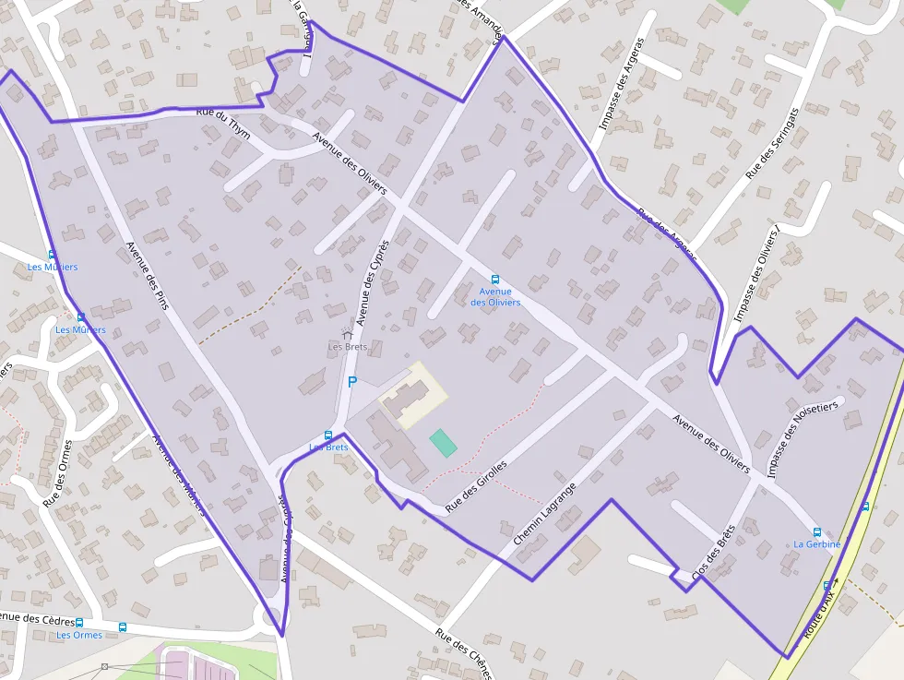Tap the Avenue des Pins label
pyautogui.click(x=147, y=274)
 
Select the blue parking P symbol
pyautogui.click(x=351, y=381)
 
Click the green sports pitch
pyautogui.click(x=443, y=442)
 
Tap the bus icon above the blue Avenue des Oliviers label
pyautogui.click(x=495, y=279)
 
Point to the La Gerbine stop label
pyautogui.click(x=816, y=544)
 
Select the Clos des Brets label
pyautogui.click(x=713, y=558)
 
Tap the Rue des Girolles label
pyautogui.click(x=476, y=486)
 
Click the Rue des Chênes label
pyautogui.click(x=467, y=652)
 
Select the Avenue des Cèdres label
pyautogui.click(x=35, y=618)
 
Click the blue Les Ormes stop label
pyautogui.click(x=79, y=635)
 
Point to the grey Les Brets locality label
pyautogui.click(x=348, y=347)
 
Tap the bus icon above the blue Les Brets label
pyautogui.click(x=327, y=435)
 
